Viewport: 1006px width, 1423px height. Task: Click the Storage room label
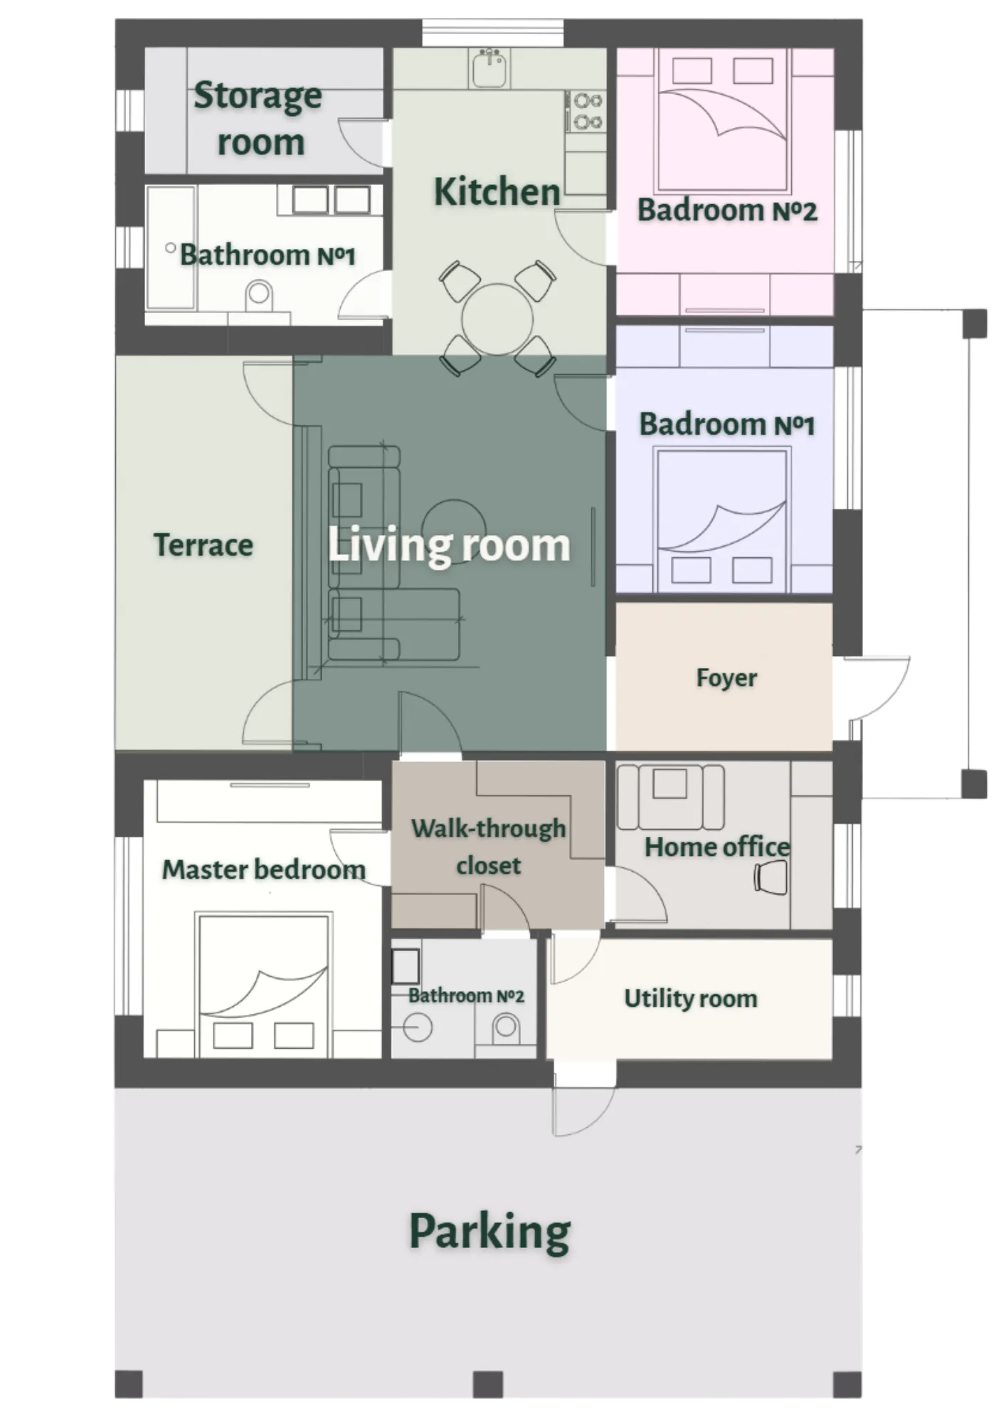(259, 118)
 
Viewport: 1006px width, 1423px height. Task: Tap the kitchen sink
(489, 68)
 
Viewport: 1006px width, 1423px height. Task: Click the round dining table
(497, 319)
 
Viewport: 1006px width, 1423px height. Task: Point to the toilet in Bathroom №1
(259, 295)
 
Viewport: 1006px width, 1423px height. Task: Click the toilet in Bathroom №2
(506, 1027)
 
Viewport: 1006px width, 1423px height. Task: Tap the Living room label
(448, 546)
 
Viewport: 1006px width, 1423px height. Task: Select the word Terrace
(203, 545)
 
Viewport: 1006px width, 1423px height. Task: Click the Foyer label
(726, 677)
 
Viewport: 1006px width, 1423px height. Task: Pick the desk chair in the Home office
(771, 877)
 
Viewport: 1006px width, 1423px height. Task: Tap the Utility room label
(690, 998)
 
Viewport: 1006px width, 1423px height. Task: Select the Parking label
(489, 1232)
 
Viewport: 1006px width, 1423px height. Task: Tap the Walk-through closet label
(488, 847)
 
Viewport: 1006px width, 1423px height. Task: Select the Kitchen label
(497, 192)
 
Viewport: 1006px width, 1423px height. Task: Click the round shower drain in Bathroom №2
(418, 1028)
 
